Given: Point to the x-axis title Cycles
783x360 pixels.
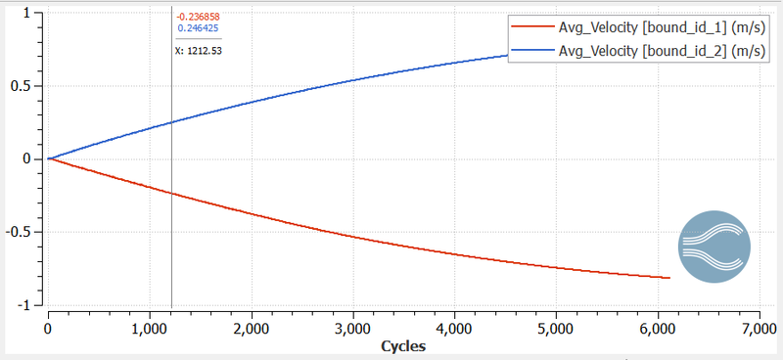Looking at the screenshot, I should point(401,346).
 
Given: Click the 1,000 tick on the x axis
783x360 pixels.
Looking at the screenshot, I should point(150,330).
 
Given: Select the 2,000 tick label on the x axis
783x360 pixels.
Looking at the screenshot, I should point(252,330).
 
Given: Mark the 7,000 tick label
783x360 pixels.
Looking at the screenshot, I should point(758,330).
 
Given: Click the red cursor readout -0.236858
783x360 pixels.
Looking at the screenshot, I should point(198,18).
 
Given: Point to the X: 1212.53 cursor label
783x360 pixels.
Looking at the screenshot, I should point(199,51).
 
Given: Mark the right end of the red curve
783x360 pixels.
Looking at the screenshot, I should point(669,278).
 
